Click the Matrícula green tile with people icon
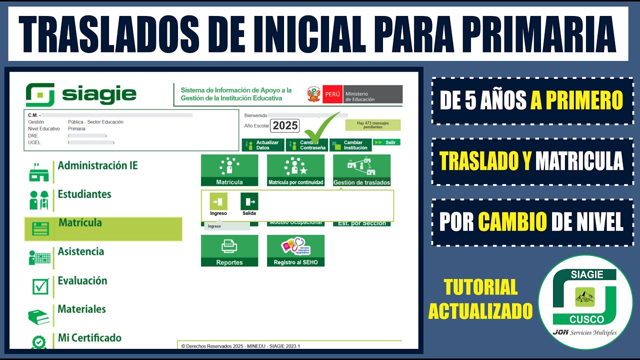click(229, 170)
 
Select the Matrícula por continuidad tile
click(295, 170)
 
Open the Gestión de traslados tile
click(361, 170)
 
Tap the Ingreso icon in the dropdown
click(218, 201)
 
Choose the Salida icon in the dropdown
click(249, 201)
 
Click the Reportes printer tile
click(229, 250)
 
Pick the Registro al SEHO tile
click(295, 250)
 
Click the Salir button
click(386, 142)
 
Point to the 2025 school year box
click(285, 125)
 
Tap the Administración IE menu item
click(97, 165)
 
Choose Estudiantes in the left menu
click(84, 194)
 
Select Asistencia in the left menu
click(80, 251)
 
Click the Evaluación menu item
click(82, 280)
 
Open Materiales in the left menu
click(81, 309)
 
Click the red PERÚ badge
click(332, 94)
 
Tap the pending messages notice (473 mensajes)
click(372, 125)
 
